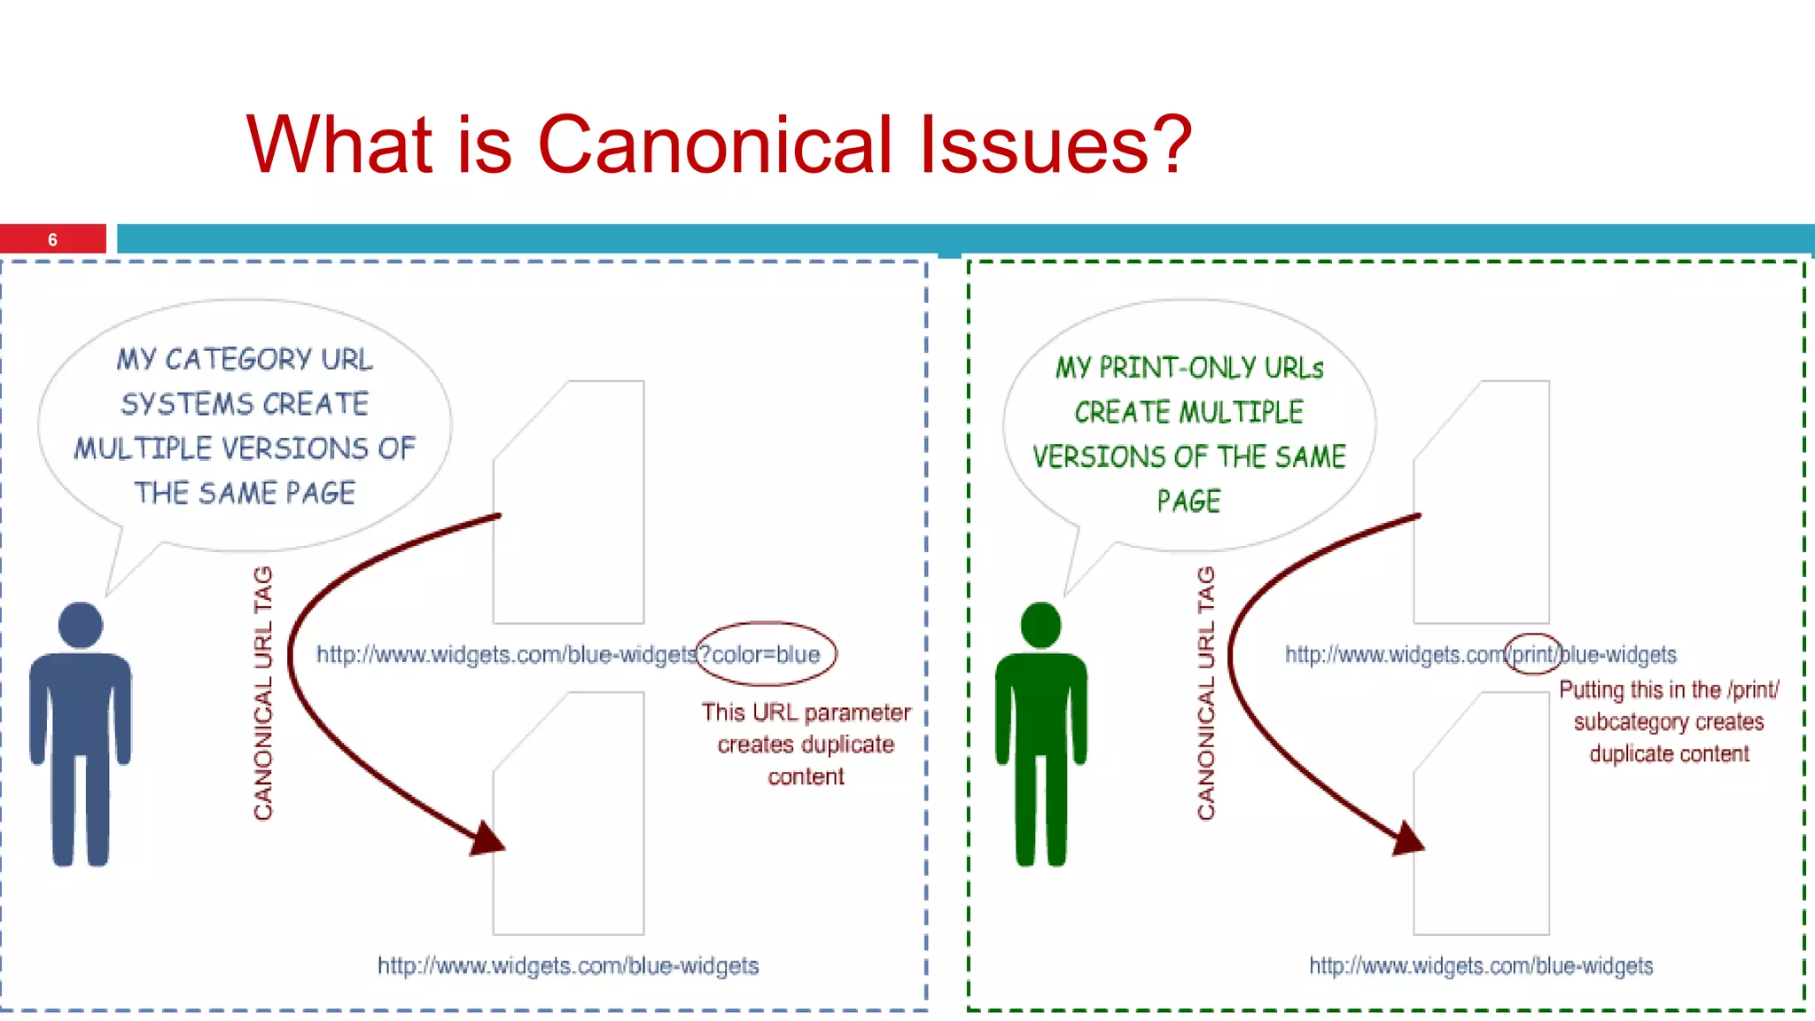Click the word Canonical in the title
pos(714,144)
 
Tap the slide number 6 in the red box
pos(52,240)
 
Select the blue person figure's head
pos(80,624)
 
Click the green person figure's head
pos(1040,624)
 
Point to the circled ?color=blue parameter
pos(766,655)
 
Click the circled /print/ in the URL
pos(1533,655)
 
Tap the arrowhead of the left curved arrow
pos(487,838)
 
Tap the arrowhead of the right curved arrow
pos(1407,838)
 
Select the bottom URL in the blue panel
pos(568,966)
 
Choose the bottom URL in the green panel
pos(1481,966)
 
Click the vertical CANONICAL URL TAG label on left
pos(263,693)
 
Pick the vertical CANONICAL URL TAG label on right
pos(1206,693)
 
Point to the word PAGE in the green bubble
pos(1188,502)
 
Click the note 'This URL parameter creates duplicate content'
pos(806,744)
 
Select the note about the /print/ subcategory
pos(1669,721)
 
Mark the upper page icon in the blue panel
pos(569,503)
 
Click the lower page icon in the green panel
pos(1482,814)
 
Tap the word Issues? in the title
pos(1055,144)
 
